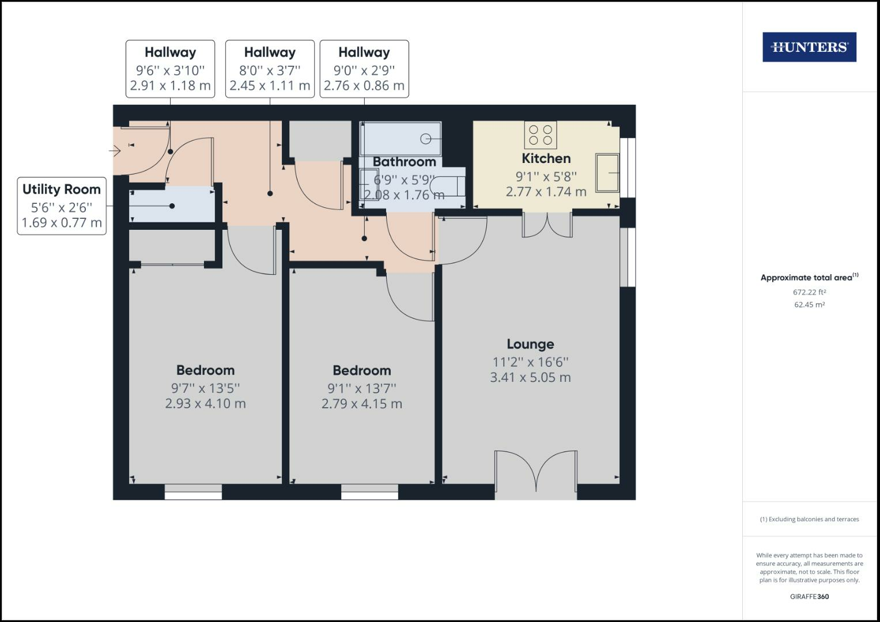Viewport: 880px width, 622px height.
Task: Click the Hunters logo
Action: tap(809, 47)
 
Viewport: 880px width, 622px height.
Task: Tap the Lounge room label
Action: tap(530, 344)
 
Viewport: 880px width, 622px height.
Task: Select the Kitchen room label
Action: tap(546, 158)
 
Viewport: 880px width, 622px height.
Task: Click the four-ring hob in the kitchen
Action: tap(540, 135)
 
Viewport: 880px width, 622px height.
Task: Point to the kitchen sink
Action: tap(607, 172)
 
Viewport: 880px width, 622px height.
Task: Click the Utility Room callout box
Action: tap(62, 206)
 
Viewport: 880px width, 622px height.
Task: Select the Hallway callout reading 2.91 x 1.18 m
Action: tap(170, 69)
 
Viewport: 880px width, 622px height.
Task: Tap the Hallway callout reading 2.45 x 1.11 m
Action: tap(270, 69)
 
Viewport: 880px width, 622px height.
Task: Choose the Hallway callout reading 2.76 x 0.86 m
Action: tap(364, 69)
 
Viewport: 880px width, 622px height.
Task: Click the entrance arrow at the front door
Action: tap(115, 151)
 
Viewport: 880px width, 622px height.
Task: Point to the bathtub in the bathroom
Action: tap(401, 138)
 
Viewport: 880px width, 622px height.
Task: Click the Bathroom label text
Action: tap(404, 162)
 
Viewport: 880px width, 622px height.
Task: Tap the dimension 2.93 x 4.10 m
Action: tap(205, 404)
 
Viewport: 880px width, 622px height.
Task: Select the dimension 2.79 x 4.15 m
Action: tap(361, 404)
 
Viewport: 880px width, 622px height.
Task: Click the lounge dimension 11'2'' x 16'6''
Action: tap(530, 362)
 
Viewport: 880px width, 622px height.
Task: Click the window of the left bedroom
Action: tap(193, 492)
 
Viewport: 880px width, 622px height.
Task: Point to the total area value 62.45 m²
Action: tap(809, 305)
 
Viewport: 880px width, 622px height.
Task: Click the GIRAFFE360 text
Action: tap(809, 597)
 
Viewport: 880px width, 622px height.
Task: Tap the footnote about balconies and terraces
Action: tap(809, 519)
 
